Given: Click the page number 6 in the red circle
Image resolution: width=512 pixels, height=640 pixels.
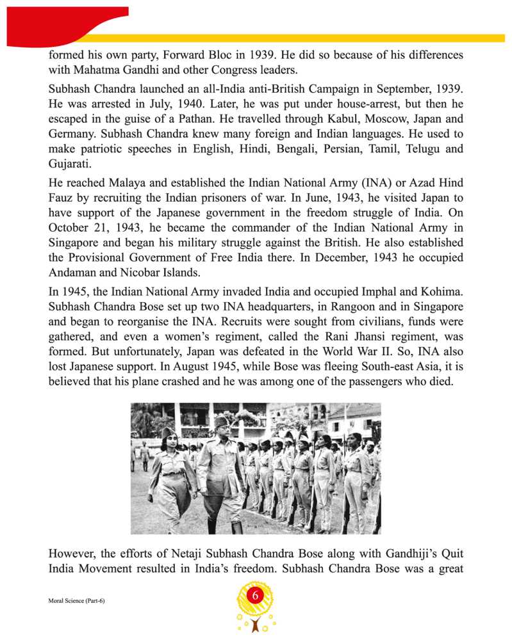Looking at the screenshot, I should (x=255, y=596).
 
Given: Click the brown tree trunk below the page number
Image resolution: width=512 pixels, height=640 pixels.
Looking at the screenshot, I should (x=256, y=627).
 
